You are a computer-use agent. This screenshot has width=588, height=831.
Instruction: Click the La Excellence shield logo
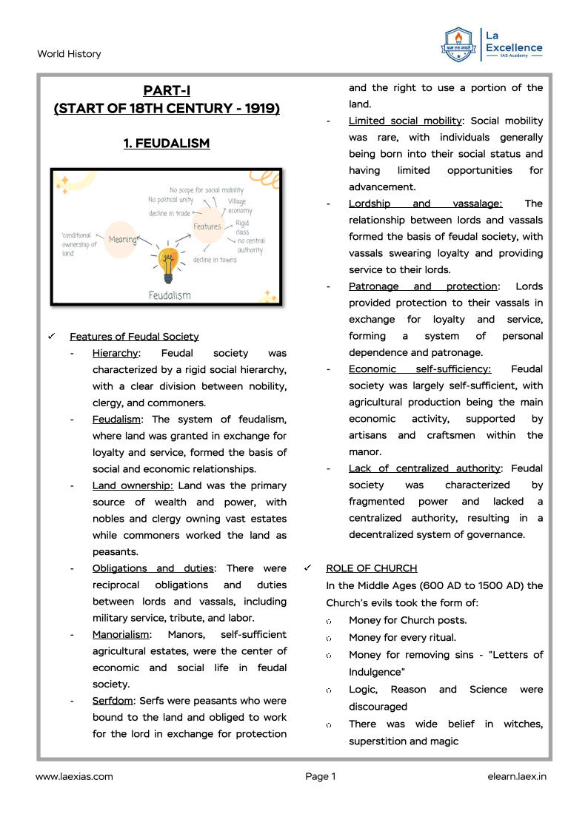458,44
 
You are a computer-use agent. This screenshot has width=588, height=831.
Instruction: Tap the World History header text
69,54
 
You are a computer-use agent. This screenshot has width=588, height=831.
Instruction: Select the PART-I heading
167,91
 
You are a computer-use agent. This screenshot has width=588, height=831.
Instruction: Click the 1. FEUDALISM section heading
167,144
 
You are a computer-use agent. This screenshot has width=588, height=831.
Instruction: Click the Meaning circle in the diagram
121,239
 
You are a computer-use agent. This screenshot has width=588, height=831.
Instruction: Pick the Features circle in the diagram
207,226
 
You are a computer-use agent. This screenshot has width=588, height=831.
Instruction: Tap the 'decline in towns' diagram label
215,260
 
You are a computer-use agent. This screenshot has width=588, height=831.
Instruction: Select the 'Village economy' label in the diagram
239,206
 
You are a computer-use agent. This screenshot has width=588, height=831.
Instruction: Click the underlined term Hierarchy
115,354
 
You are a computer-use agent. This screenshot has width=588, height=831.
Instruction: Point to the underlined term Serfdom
112,701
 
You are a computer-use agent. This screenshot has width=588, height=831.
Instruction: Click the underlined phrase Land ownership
133,485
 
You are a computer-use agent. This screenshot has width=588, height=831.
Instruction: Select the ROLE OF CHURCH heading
371,568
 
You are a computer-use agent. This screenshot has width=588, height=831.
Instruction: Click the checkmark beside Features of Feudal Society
52,337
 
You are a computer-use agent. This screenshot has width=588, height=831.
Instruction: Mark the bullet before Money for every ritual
328,638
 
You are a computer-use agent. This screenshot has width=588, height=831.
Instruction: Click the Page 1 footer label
320,776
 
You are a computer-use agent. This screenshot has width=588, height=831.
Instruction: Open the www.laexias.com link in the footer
74,776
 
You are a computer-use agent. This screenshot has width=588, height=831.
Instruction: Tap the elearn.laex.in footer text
517,776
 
